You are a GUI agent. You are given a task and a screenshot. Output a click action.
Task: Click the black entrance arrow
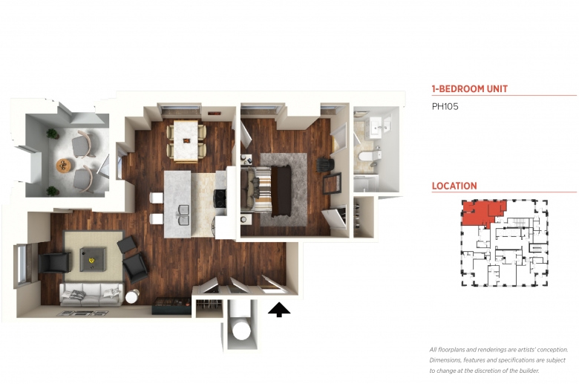coord(279,310)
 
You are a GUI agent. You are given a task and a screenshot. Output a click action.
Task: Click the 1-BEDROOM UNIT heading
coord(470,89)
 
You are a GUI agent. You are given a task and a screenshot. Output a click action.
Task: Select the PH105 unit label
coord(445,106)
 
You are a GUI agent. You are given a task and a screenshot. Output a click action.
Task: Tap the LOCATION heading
coord(454,186)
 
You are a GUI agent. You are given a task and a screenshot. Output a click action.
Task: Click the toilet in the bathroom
coord(370,155)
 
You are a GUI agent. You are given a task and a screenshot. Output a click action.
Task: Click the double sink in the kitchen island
coord(183,215)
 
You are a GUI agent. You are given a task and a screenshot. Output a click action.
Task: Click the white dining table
coord(186,141)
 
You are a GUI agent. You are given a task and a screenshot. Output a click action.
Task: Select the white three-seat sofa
coord(91,295)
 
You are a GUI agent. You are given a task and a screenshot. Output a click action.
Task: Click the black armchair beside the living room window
coord(55,262)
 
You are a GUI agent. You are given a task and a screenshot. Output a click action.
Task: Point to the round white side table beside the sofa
coord(132,296)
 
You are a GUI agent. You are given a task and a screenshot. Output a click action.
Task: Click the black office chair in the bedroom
coord(325,164)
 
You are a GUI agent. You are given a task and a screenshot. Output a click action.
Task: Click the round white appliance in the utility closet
coord(241,330)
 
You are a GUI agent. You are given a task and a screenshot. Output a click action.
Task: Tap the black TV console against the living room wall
coord(171,306)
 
